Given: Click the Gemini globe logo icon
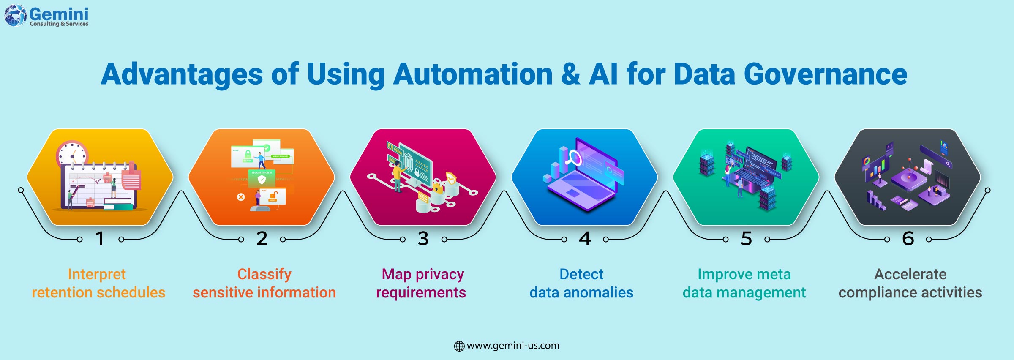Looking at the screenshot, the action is coord(16,16).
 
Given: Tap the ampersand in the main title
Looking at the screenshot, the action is coord(570,74).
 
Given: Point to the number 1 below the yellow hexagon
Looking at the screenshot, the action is coord(100,239).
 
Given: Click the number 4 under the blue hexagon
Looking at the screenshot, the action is coord(585,239).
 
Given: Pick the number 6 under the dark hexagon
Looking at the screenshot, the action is coord(908,239).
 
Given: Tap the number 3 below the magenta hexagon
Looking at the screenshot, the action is coord(423,239).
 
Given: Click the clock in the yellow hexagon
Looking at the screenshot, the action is coord(72,155).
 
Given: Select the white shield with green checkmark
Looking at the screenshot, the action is coord(262,180).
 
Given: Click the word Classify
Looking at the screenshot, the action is coord(264,275).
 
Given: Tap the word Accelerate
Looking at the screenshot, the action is coord(910,274).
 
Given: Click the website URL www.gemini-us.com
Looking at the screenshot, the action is coord(513,346).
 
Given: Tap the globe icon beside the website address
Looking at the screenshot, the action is coord(459,346).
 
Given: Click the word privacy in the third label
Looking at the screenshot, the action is coord(440,275).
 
